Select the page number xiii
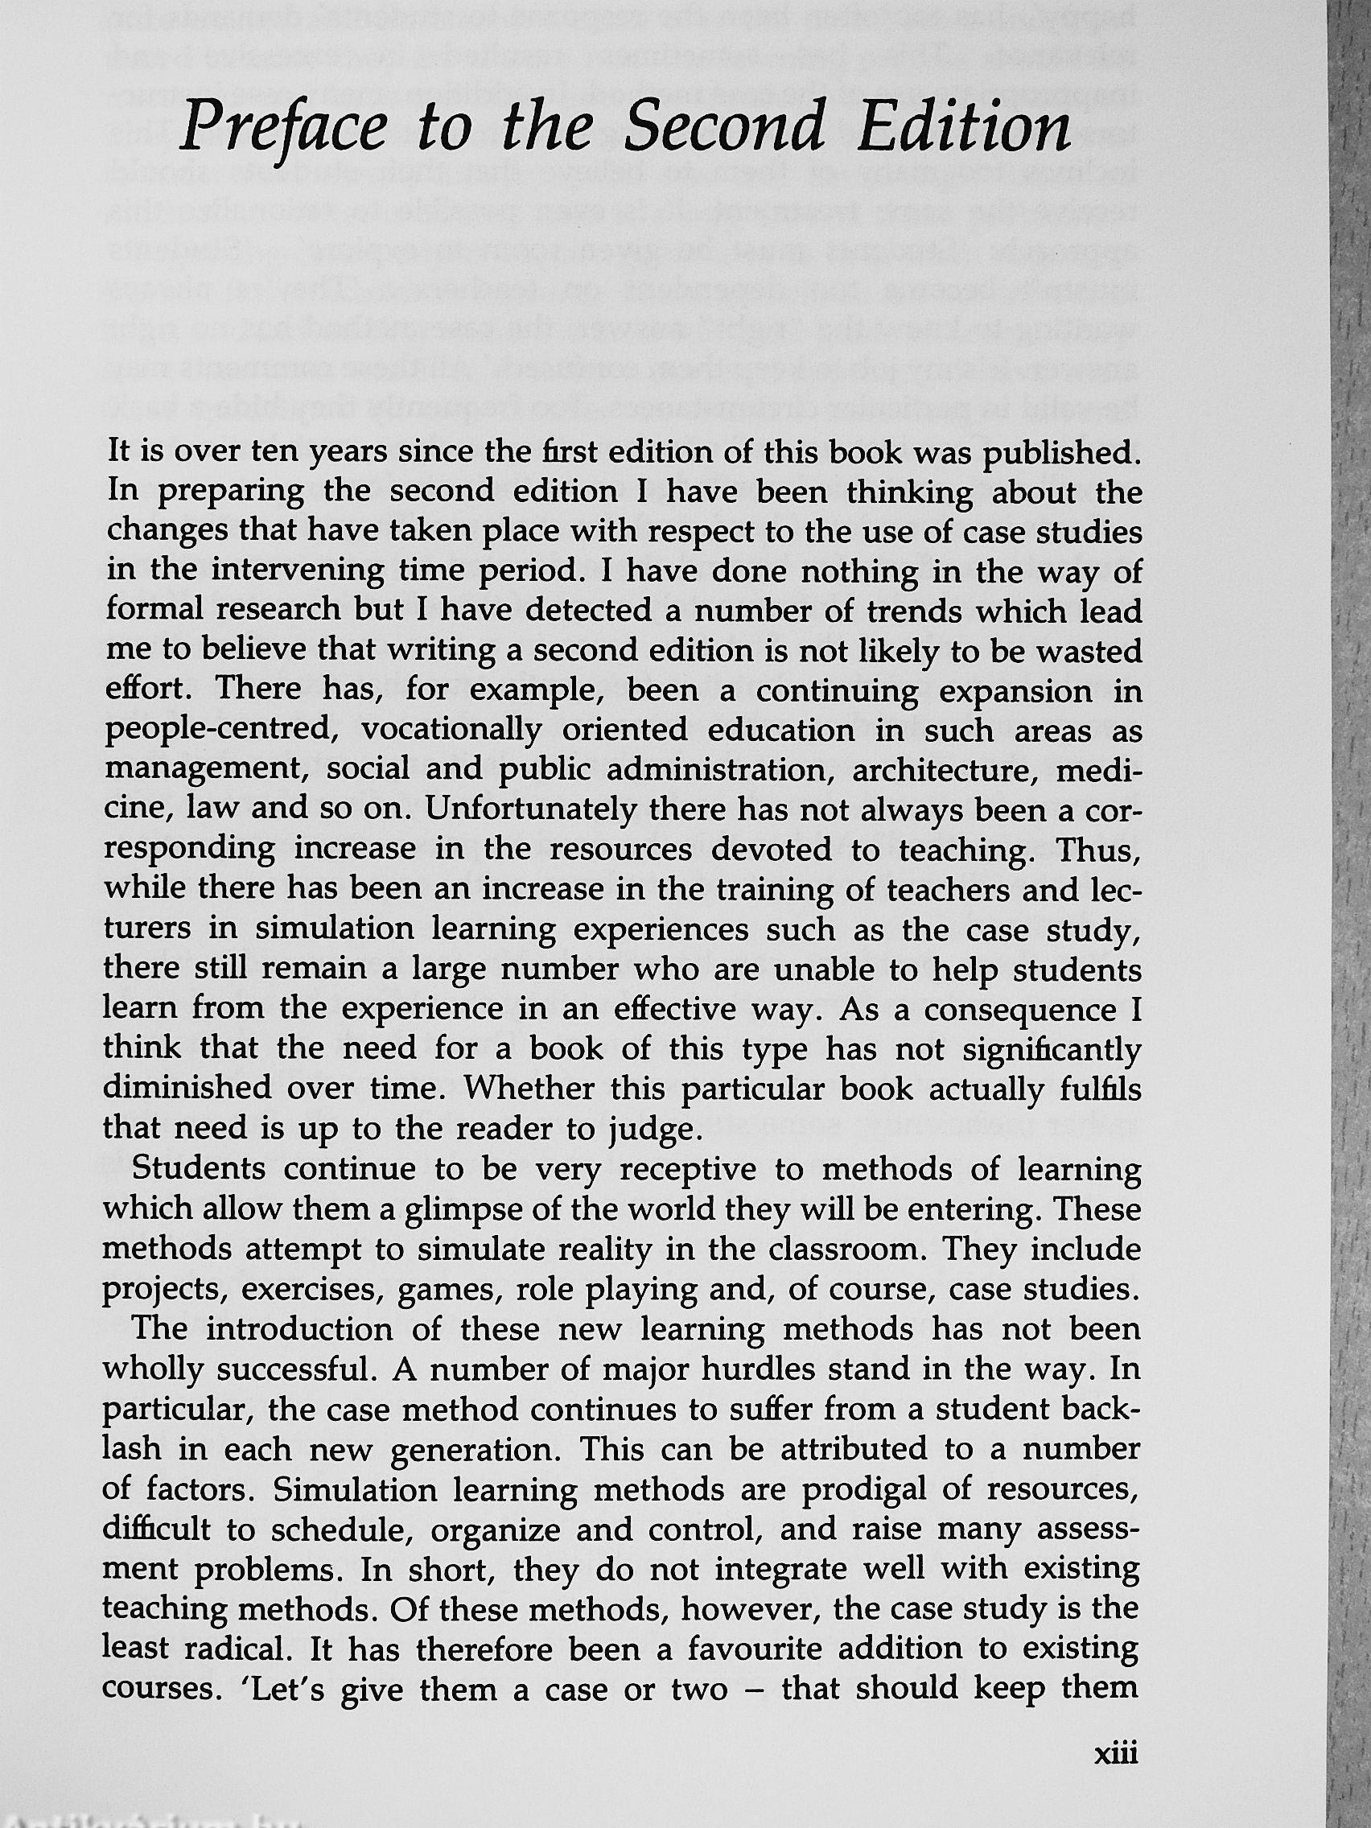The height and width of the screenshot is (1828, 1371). (x=1115, y=1774)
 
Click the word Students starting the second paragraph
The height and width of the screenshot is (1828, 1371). (x=199, y=1171)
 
